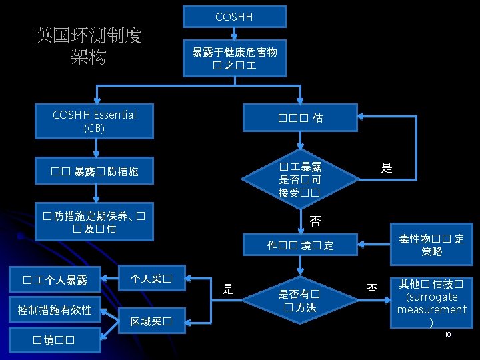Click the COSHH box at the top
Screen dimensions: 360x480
[x=235, y=16]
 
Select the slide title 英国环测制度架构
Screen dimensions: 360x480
[x=88, y=46]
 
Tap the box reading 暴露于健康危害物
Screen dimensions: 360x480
[x=235, y=59]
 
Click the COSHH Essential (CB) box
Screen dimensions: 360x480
[x=94, y=121]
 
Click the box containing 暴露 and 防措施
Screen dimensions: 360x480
[x=94, y=171]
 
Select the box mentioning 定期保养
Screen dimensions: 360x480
[x=94, y=222]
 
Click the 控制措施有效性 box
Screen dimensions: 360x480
[x=55, y=310]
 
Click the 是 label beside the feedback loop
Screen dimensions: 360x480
[x=387, y=168]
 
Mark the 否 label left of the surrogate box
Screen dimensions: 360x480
[x=372, y=288]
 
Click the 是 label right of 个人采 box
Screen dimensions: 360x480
[x=228, y=288]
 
